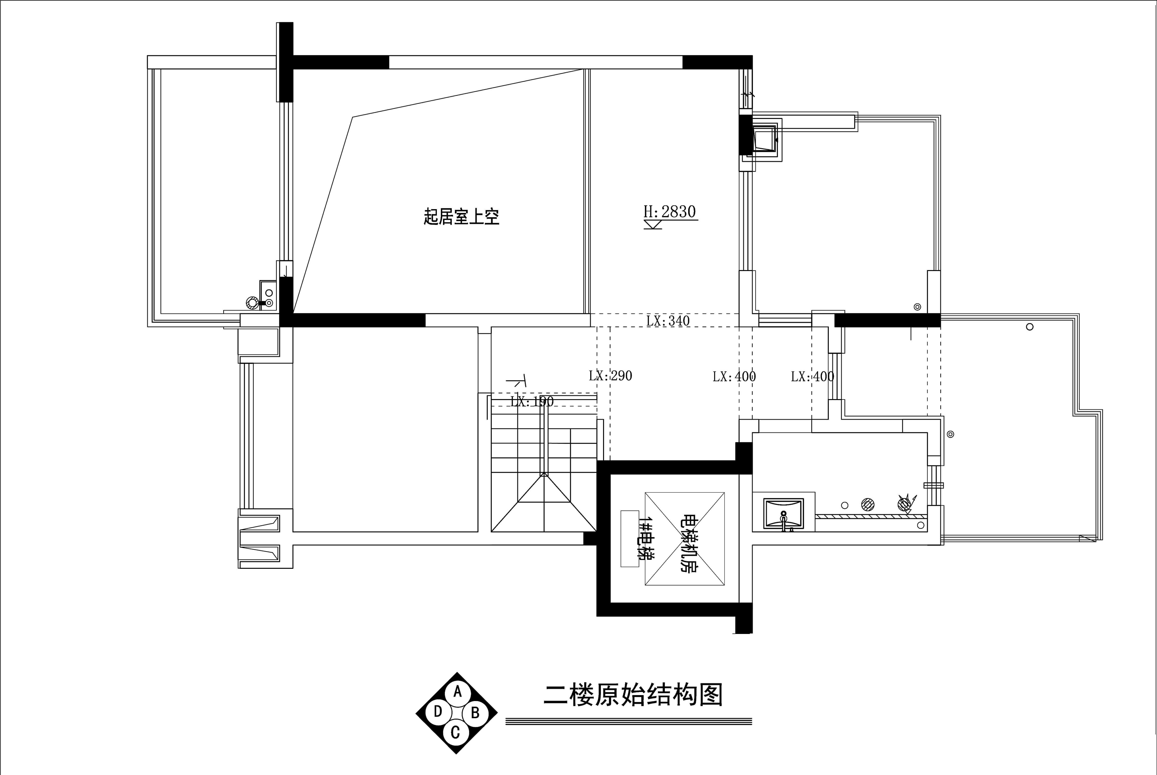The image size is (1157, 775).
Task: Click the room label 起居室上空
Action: tap(461, 216)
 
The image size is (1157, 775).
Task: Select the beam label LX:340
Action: tap(668, 321)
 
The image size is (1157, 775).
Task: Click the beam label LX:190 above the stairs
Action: tap(532, 401)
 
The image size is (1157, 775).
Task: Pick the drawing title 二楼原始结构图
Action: tap(633, 695)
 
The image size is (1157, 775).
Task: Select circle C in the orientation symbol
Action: tap(455, 732)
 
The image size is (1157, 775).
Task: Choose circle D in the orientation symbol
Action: tap(438, 712)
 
